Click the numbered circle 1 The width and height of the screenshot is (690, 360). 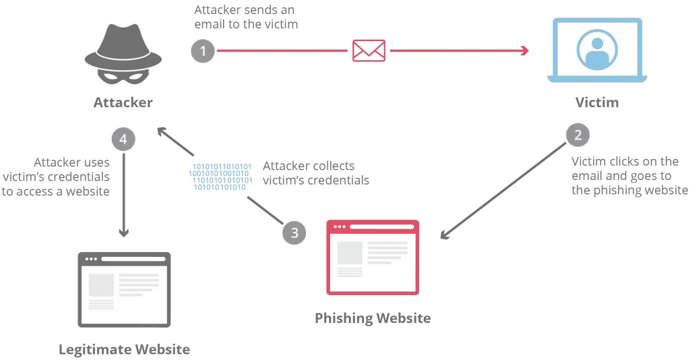click(x=203, y=51)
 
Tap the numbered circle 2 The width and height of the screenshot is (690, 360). click(x=577, y=135)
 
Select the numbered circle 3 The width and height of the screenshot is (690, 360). click(x=294, y=233)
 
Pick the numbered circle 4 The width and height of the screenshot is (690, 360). click(x=123, y=139)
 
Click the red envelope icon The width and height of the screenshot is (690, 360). click(x=369, y=51)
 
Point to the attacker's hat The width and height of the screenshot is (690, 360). click(x=123, y=48)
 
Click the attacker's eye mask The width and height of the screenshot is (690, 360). click(x=123, y=76)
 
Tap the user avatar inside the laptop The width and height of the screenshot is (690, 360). click(x=597, y=50)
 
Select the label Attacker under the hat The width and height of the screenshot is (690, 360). click(x=123, y=102)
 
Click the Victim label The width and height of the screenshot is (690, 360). click(x=597, y=102)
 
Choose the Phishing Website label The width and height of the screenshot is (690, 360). click(x=373, y=318)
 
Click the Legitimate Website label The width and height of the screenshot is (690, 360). click(x=124, y=349)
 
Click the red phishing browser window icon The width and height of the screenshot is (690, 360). click(x=373, y=258)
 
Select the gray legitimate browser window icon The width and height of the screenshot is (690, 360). click(x=124, y=290)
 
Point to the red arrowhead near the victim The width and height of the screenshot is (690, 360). click(x=524, y=51)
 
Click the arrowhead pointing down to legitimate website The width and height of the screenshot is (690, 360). click(x=124, y=232)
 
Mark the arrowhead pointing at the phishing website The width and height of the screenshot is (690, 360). click(x=445, y=235)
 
